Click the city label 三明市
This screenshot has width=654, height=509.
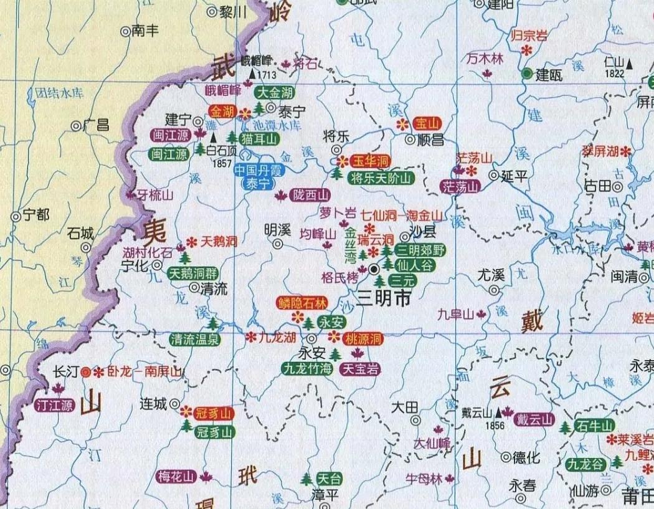(384, 299)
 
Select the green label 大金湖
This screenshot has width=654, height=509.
(275, 93)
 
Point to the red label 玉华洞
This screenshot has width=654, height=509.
(371, 161)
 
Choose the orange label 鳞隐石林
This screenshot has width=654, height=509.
(302, 303)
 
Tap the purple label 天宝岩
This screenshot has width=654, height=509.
(360, 369)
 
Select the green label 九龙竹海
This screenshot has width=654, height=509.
(307, 369)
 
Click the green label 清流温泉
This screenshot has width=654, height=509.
(195, 340)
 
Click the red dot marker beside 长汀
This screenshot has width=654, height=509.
(85, 372)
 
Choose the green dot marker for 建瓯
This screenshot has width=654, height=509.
(528, 74)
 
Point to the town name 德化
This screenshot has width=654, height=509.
(526, 458)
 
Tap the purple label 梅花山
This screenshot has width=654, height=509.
(176, 477)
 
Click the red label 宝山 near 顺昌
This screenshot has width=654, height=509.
(427, 123)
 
